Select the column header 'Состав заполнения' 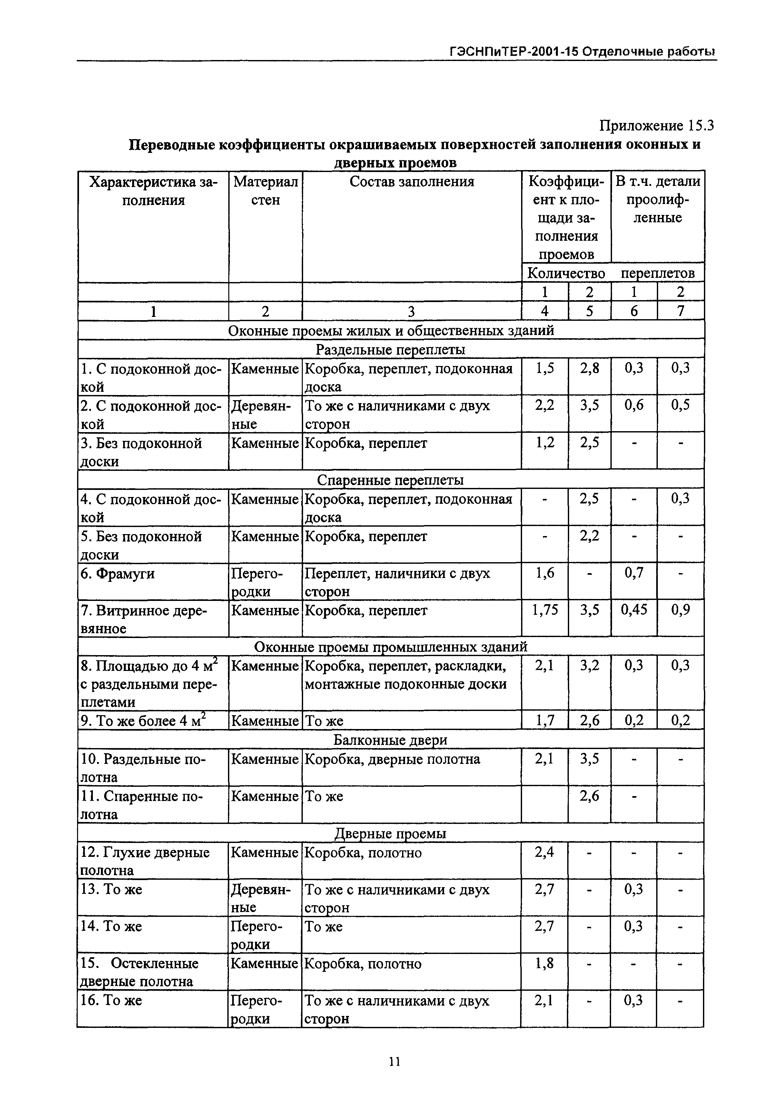412,182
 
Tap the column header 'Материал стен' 265,191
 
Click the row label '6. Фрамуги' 118,574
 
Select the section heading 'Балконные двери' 391,740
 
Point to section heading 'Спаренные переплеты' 391,480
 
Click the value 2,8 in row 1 589,368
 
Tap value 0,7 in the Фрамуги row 634,573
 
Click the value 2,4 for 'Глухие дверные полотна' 544,852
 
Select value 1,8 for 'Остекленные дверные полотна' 544,963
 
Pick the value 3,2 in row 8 589,665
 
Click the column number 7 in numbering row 680,311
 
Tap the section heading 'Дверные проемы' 391,833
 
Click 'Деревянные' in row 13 261,898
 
